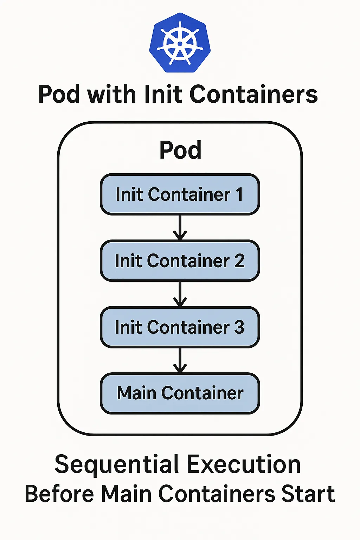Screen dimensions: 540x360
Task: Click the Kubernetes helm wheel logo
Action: click(x=180, y=43)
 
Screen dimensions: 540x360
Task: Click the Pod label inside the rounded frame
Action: click(x=180, y=150)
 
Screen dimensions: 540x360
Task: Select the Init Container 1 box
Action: click(x=180, y=194)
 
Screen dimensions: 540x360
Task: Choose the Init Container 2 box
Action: click(x=180, y=261)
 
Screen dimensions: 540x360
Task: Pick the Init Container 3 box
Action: click(x=180, y=327)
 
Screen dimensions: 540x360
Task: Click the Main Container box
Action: click(x=180, y=393)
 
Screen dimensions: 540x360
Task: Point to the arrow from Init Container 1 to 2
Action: click(x=180, y=227)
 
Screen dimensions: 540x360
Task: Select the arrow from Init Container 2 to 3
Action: click(x=180, y=294)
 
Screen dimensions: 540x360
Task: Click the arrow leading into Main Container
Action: click(x=180, y=360)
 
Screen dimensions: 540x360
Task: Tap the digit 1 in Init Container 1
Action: click(x=239, y=194)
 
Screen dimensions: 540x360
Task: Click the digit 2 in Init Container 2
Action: click(x=239, y=261)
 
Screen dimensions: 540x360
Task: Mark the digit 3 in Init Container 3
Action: click(x=239, y=327)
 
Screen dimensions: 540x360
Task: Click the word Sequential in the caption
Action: click(x=117, y=465)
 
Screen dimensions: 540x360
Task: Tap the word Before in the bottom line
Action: click(x=59, y=494)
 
